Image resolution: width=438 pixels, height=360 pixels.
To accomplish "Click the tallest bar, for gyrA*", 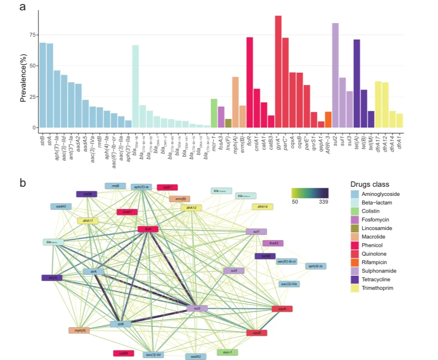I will pos(278,72).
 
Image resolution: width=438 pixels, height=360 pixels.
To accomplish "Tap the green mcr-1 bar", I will pos(214,113).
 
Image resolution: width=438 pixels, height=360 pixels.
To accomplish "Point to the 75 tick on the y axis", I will pos(32,35).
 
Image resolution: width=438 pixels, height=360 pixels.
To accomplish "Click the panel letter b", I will pos(23,183).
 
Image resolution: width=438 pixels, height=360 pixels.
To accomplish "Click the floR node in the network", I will pos(148,230).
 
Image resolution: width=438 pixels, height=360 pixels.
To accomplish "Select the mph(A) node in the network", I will pos(79,330).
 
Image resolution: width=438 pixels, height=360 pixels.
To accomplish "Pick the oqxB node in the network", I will pos(257,333).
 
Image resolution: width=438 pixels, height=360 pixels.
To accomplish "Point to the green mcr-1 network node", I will pos(227,352).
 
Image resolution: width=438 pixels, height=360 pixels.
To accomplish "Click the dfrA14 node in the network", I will pos(263,206).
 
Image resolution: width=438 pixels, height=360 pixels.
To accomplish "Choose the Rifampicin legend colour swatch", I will pos(355,262).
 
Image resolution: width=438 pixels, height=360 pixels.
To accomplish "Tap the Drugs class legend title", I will pos(370,184).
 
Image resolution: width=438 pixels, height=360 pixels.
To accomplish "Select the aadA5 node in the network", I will pos(61,206).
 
